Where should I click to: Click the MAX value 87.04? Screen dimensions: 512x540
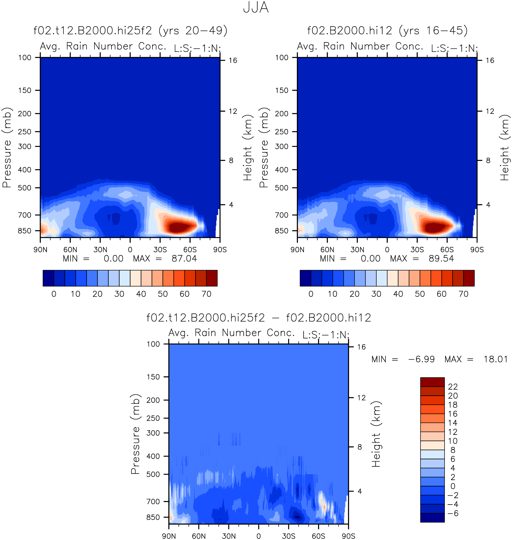click(184, 258)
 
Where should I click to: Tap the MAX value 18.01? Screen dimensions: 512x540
click(495, 359)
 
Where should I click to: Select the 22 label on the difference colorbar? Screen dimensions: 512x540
click(453, 387)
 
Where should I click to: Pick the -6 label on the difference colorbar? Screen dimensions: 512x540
click(453, 513)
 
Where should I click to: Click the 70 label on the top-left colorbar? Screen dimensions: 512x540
click(206, 294)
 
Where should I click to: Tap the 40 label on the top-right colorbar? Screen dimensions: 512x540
click(398, 294)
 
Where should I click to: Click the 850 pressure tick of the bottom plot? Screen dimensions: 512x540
click(153, 517)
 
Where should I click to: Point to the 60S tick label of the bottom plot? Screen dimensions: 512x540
click(318, 536)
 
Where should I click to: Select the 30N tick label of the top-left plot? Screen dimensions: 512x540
click(100, 249)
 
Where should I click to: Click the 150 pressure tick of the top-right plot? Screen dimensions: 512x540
click(282, 90)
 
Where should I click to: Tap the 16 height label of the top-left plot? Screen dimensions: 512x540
click(233, 60)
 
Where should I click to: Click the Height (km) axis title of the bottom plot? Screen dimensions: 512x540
click(376, 434)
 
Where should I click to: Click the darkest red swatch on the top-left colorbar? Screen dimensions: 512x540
click(212, 278)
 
